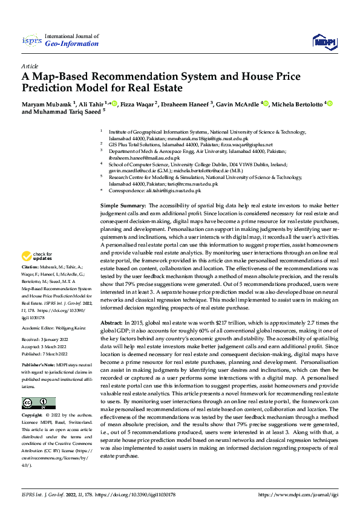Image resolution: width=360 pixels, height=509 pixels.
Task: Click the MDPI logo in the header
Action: point(323,41)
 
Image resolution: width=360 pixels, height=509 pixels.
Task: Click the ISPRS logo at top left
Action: point(31,41)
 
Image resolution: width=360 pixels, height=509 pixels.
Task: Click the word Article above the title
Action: point(30,65)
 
